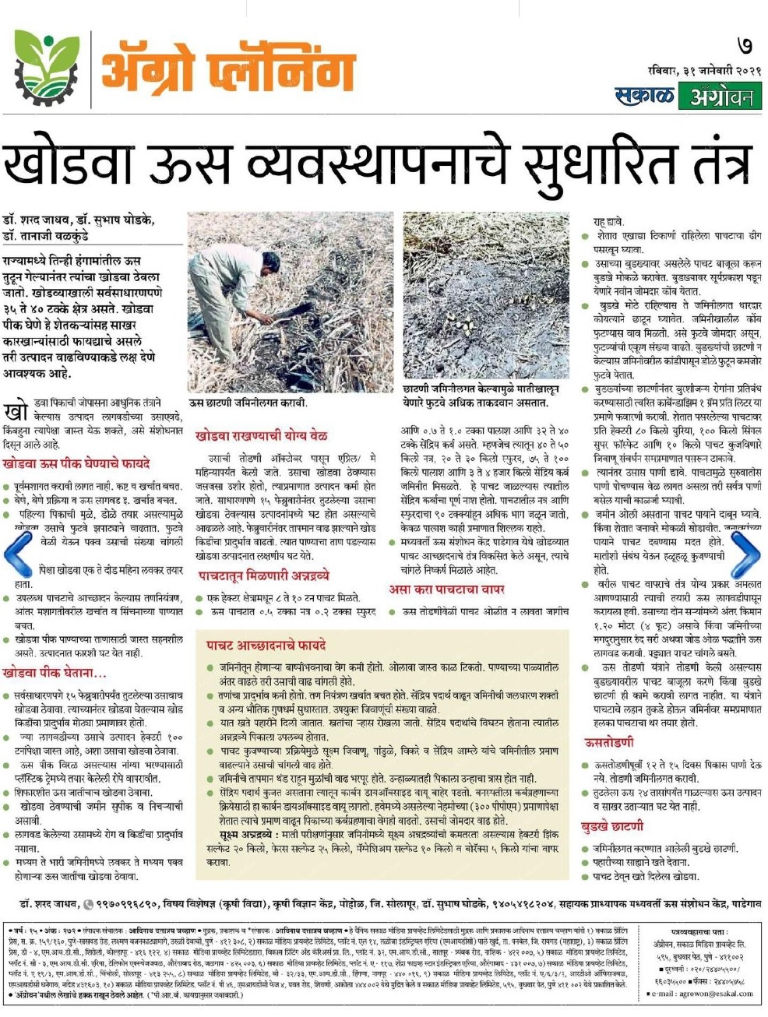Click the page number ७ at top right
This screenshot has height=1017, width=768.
click(x=745, y=46)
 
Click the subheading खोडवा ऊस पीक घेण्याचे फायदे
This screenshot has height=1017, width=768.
click(x=76, y=463)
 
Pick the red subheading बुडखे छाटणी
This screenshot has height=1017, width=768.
click(x=612, y=825)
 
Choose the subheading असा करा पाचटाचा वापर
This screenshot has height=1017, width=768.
click(x=447, y=589)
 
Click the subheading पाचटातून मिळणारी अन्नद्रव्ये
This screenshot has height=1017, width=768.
click(x=263, y=575)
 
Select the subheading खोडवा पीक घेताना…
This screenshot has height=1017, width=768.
click(x=55, y=671)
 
